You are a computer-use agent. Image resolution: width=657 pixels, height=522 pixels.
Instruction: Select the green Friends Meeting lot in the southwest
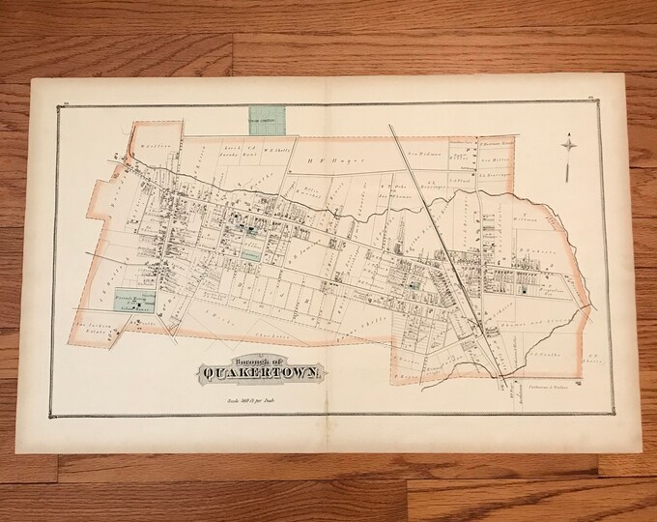pyautogui.click(x=136, y=301)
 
